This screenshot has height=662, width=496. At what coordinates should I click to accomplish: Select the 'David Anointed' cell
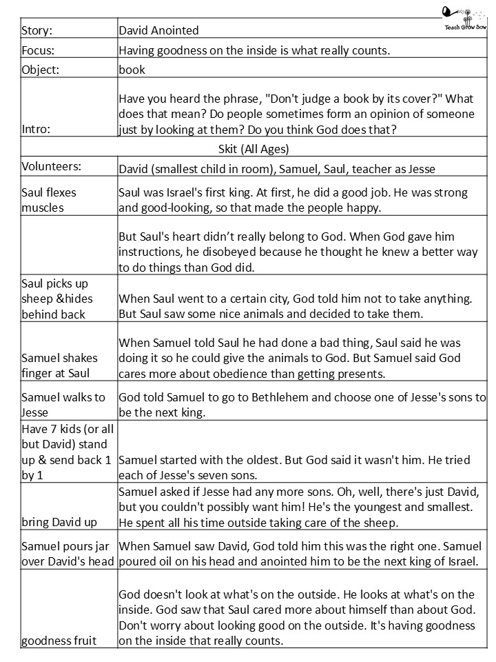click(158, 30)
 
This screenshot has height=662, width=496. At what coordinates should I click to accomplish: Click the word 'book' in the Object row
click(132, 70)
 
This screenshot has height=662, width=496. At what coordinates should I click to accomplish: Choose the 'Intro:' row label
click(37, 129)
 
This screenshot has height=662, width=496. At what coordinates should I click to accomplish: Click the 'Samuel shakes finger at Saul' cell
click(59, 366)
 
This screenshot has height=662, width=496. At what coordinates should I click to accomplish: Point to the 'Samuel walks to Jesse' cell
click(63, 405)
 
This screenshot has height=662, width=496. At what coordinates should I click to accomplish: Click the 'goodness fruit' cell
click(59, 641)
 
